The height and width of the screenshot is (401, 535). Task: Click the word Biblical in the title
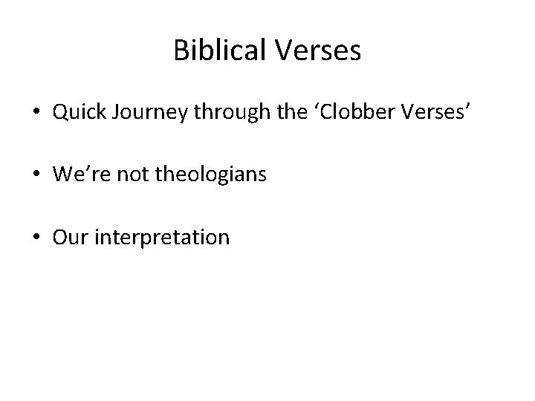point(218,51)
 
